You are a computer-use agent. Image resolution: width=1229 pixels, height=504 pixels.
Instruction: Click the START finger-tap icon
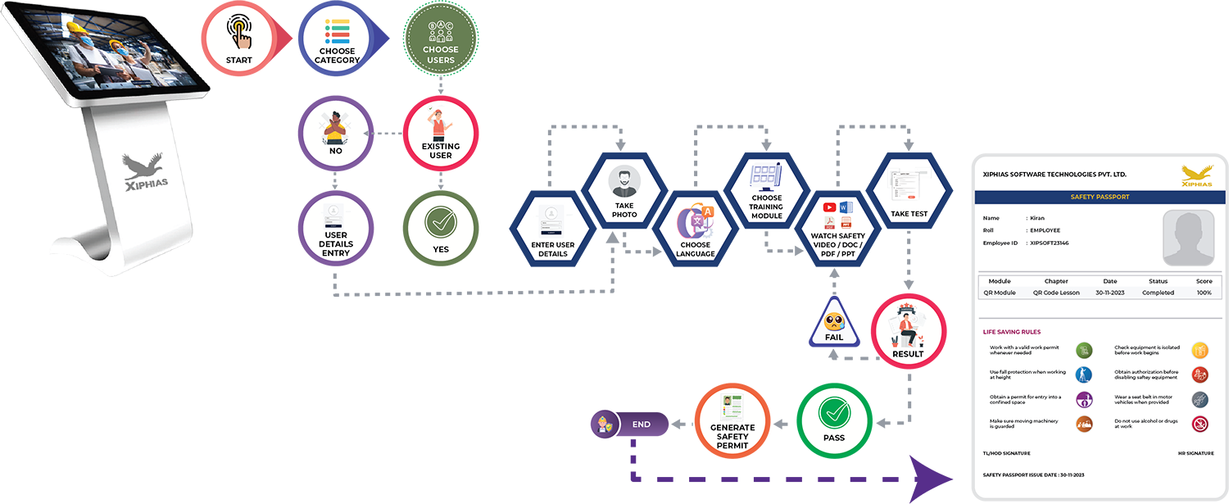pos(239,34)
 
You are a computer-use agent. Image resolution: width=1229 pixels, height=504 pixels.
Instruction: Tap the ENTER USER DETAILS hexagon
pos(553,234)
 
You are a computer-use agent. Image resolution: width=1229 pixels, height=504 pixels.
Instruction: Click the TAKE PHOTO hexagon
pos(624,193)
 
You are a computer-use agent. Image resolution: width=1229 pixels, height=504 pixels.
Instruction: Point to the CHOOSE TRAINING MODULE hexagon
pos(766,193)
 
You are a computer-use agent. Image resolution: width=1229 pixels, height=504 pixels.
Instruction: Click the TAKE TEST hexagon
pos(909,193)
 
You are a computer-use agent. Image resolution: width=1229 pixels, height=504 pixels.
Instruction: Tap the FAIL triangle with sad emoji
pos(834,325)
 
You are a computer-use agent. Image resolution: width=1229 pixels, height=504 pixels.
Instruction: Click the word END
pos(642,425)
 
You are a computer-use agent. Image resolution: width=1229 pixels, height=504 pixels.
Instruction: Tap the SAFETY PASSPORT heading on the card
pos(1099,198)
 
